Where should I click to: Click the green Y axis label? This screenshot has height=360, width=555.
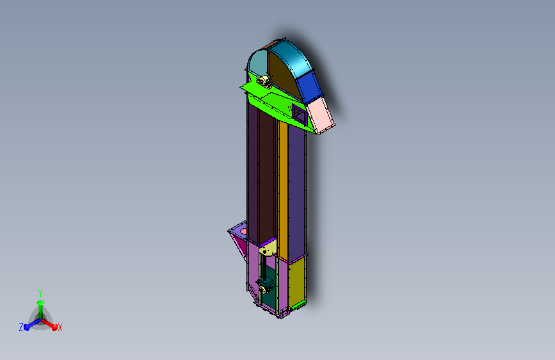tap(40, 293)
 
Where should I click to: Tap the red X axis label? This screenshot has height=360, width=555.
tap(60, 328)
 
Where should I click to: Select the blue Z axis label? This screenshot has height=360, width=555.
tap(21, 327)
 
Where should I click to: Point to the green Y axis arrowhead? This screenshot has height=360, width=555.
tap(41, 302)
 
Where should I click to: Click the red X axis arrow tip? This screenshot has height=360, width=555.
tap(54, 327)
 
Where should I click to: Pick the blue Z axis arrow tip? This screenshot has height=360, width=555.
tap(26, 327)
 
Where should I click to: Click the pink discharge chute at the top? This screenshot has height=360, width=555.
tap(320, 115)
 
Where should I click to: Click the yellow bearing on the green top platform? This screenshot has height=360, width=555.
tap(264, 81)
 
